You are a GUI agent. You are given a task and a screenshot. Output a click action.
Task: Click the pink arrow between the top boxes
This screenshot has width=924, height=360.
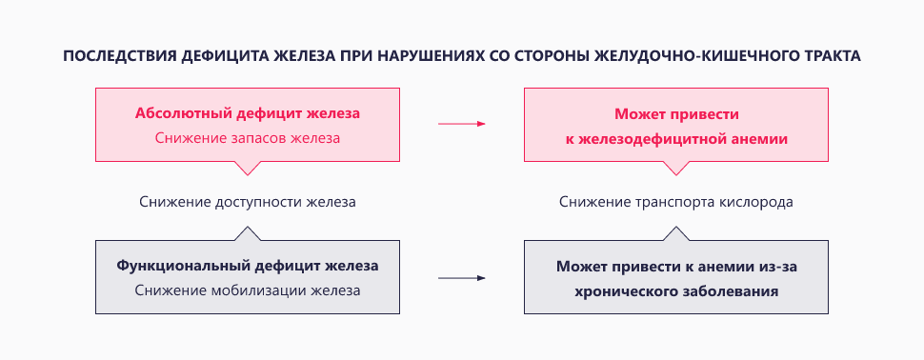click(462, 124)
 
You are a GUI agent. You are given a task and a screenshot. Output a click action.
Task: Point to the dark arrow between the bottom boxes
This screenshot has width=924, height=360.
click(462, 278)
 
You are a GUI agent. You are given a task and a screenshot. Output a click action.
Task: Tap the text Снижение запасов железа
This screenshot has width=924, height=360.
click(247, 138)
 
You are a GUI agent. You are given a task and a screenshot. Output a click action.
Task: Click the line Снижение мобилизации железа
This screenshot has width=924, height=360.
click(247, 290)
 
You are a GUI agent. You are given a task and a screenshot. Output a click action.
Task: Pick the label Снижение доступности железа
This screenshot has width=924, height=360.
click(247, 202)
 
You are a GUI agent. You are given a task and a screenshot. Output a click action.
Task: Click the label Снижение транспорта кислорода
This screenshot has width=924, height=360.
click(676, 202)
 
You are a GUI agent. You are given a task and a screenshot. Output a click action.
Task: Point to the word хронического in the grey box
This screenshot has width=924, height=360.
click(624, 290)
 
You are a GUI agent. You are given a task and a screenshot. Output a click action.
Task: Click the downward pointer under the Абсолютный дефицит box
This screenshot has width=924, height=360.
click(247, 167)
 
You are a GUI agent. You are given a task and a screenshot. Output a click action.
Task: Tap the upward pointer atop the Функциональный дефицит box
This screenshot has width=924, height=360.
click(247, 233)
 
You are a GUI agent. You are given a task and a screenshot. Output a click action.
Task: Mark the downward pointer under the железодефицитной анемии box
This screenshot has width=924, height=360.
click(676, 167)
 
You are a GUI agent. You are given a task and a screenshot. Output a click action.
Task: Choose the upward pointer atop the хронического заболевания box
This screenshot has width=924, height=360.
click(676, 233)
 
